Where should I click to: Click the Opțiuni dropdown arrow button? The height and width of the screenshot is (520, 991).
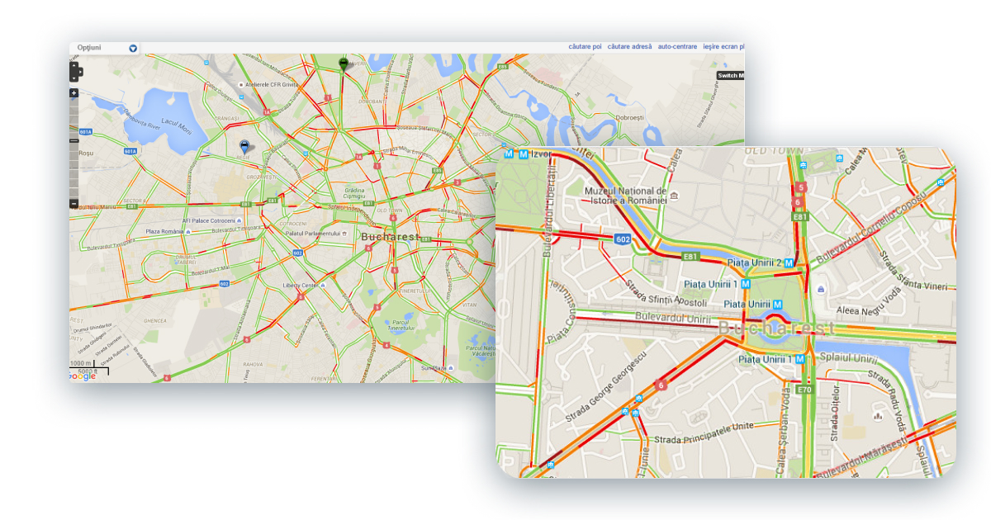pyautogui.click(x=133, y=49)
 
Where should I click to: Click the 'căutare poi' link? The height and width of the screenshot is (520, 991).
pyautogui.click(x=585, y=47)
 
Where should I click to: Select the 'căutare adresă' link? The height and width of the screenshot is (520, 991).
pyautogui.click(x=629, y=47)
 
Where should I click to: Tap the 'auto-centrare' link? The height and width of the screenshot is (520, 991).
pyautogui.click(x=677, y=47)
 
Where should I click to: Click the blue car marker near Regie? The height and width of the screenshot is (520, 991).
pyautogui.click(x=244, y=146)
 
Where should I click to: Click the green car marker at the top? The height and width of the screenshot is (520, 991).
pyautogui.click(x=344, y=63)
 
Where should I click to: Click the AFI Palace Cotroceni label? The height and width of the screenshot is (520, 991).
pyautogui.click(x=211, y=221)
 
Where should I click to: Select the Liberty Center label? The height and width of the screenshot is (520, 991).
pyautogui.click(x=300, y=285)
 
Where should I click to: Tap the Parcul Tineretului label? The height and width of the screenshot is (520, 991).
pyautogui.click(x=401, y=324)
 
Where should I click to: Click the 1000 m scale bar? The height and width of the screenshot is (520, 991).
pyautogui.click(x=81, y=364)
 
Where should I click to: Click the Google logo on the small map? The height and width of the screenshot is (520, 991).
pyautogui.click(x=83, y=377)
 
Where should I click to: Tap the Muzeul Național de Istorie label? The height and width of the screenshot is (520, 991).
pyautogui.click(x=625, y=195)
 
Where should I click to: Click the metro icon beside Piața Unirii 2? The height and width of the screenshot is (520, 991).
pyautogui.click(x=789, y=262)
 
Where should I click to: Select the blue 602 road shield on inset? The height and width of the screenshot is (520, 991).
pyautogui.click(x=623, y=239)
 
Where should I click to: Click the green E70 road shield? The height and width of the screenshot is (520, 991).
pyautogui.click(x=804, y=389)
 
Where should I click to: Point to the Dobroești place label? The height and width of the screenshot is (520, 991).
pyautogui.click(x=629, y=118)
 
